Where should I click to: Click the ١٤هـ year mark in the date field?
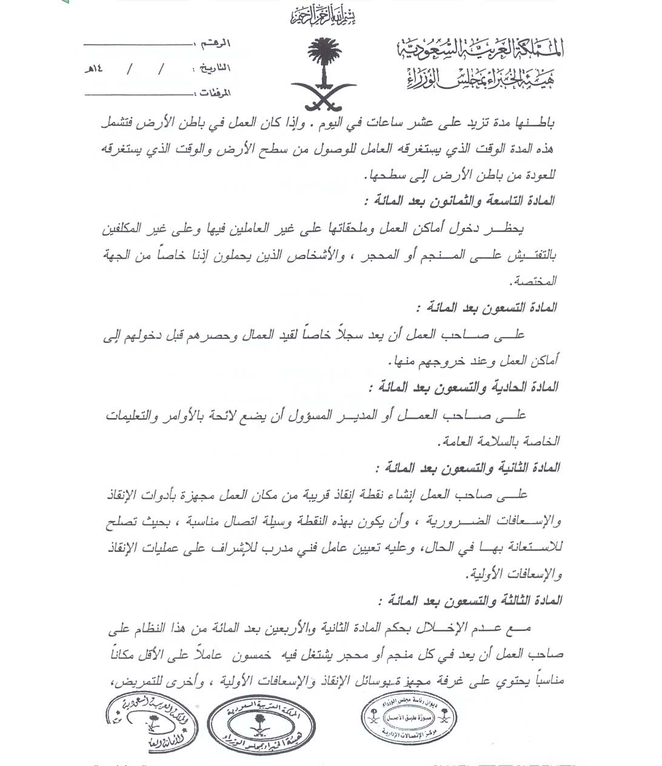point(93,68)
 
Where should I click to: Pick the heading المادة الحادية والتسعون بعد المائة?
point(463,387)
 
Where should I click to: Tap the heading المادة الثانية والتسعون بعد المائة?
point(466,468)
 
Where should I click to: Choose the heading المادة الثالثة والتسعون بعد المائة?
point(469,601)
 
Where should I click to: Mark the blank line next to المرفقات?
point(137,95)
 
